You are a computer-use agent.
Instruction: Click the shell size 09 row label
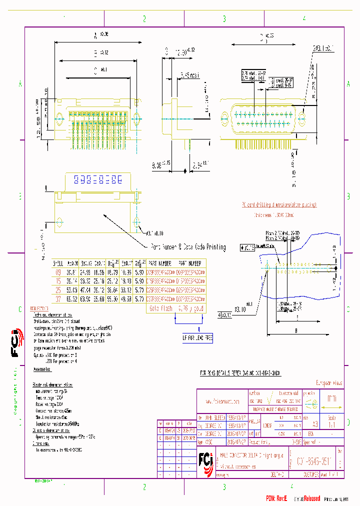(58, 272)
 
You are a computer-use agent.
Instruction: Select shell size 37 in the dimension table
(58, 299)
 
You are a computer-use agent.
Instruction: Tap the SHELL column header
(58, 263)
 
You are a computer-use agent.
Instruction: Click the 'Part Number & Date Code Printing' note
(187, 247)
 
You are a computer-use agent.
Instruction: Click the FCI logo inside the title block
(205, 459)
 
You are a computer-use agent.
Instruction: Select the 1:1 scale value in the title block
(331, 424)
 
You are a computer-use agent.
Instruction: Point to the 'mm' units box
(331, 399)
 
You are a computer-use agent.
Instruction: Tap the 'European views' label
(327, 383)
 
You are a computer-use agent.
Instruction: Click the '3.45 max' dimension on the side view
(189, 76)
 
